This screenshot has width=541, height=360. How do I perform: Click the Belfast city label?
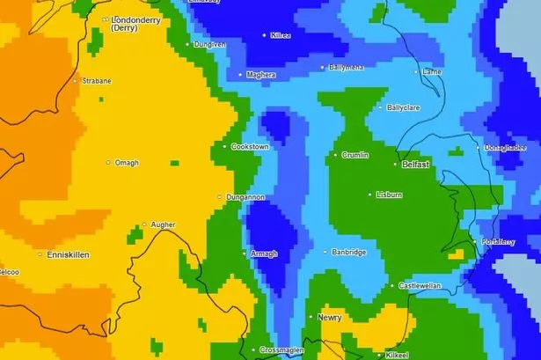[x=415, y=165]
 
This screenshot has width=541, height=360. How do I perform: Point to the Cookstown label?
[x=249, y=147]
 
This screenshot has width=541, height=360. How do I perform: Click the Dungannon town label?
[x=245, y=197]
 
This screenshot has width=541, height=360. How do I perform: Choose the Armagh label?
[x=264, y=253]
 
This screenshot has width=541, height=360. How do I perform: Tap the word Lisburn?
[x=388, y=195]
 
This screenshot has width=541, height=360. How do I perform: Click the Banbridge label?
[x=348, y=253]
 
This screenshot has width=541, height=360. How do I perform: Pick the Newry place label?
[x=330, y=317]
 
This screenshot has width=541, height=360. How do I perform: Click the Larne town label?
[x=433, y=71]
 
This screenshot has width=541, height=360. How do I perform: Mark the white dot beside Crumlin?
[x=334, y=155]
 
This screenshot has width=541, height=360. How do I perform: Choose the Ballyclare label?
[x=406, y=107]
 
